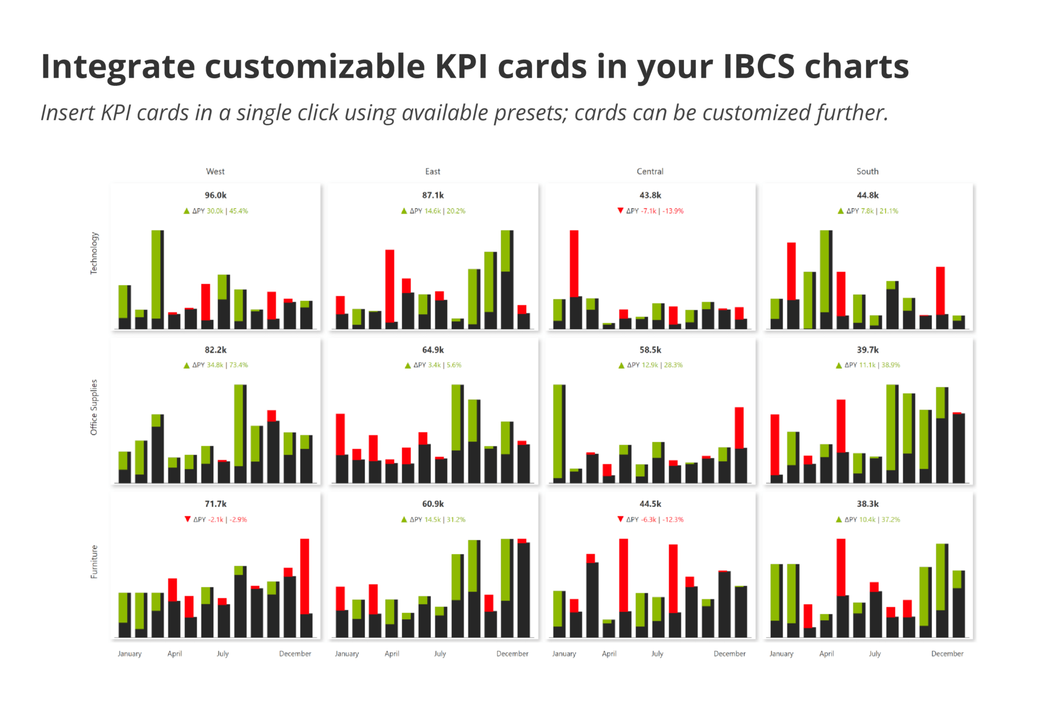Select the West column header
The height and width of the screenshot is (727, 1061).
click(x=215, y=171)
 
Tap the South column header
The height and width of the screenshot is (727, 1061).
click(x=867, y=171)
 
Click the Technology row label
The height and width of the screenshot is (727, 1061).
click(x=94, y=253)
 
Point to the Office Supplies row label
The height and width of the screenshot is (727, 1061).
click(x=94, y=407)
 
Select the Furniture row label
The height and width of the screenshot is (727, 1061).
click(x=94, y=561)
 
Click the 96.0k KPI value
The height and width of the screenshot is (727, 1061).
click(x=216, y=195)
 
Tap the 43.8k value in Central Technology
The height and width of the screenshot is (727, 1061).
click(x=650, y=195)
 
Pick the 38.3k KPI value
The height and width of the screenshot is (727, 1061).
click(x=867, y=504)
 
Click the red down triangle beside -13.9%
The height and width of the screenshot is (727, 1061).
click(x=620, y=210)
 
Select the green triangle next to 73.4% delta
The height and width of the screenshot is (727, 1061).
click(x=187, y=365)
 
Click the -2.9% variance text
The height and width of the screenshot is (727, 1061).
click(x=238, y=519)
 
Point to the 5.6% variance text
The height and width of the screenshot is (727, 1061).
click(x=454, y=365)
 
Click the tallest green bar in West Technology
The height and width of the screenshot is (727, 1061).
click(x=156, y=274)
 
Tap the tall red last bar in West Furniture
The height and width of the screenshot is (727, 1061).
click(x=305, y=576)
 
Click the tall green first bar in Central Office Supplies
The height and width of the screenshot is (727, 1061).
click(x=558, y=431)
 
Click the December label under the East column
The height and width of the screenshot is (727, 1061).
click(x=512, y=653)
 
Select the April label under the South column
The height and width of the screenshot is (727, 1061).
click(x=826, y=653)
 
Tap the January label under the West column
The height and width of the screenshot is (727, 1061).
click(x=129, y=653)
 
